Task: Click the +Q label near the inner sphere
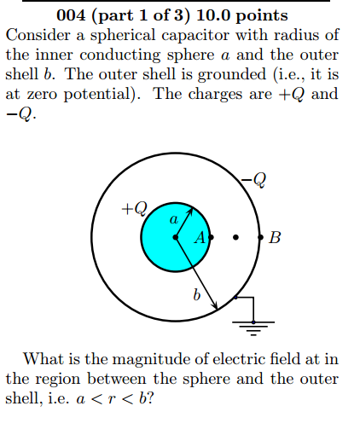(135, 208)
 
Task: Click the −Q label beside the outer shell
(253, 180)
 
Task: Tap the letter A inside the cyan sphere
(200, 237)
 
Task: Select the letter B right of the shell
(275, 237)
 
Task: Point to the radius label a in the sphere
(174, 219)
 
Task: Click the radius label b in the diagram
(196, 294)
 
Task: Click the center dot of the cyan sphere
(176, 237)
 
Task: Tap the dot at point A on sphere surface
(211, 237)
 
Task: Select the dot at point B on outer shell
(260, 237)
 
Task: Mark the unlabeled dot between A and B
(235, 237)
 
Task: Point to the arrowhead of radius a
(191, 212)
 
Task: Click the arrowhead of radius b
(215, 306)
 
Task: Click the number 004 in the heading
(71, 15)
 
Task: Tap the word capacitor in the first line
(195, 36)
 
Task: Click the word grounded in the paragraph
(232, 75)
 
